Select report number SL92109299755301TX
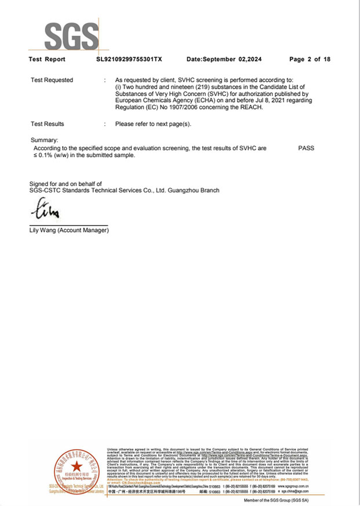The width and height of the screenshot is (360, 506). click(129, 59)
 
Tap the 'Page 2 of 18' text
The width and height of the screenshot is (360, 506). click(310, 59)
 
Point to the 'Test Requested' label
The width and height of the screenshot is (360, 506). click(52, 80)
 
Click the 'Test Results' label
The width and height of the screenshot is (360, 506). click(48, 124)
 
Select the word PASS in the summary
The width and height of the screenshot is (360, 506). click(306, 148)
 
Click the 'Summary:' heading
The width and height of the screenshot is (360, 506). click(45, 140)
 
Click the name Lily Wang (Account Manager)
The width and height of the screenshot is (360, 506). click(69, 231)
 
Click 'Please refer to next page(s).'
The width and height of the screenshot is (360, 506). click(153, 124)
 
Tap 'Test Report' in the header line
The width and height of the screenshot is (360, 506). click(47, 59)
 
